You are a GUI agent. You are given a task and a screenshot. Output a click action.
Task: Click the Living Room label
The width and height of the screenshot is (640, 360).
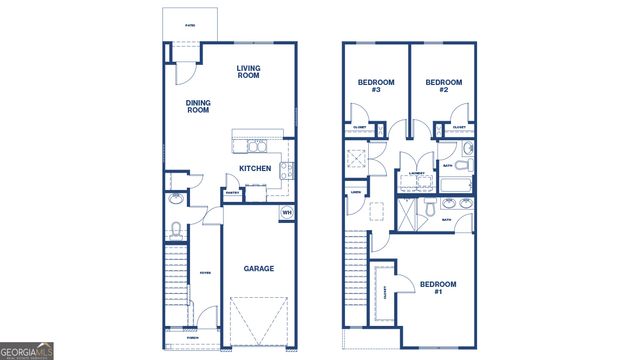coord(249,71)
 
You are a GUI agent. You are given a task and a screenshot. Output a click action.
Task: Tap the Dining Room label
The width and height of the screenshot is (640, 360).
coord(198,105)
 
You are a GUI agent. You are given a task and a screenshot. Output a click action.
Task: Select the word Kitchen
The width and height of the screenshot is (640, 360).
coord(256,169)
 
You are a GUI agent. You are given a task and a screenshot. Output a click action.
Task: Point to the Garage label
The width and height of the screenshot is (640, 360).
coord(259,268)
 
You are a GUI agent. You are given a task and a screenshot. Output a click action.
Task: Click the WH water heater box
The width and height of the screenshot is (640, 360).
coord(286,212)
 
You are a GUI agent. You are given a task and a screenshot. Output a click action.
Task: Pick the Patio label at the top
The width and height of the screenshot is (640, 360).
coord(190,25)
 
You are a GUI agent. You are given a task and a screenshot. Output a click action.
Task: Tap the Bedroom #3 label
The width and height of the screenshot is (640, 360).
coord(375,86)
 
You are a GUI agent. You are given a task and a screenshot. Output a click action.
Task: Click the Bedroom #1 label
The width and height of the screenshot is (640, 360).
coord(437,288)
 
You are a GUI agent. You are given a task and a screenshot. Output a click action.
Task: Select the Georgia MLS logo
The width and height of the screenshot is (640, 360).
coord(27,351)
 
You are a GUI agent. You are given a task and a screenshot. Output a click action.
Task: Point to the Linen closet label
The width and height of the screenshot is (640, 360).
coord(356,192)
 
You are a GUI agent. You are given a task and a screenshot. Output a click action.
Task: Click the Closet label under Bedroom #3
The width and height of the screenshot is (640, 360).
coord(361,128)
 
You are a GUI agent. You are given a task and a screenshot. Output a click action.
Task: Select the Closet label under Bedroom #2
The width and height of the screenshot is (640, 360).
coord(458,128)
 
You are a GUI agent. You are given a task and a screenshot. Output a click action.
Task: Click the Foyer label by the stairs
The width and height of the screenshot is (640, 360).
coord(204,272)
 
